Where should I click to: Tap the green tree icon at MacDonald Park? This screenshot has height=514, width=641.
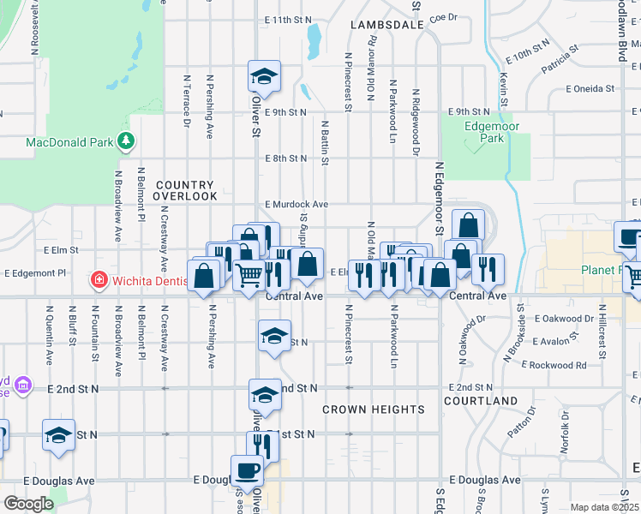coord(126,140)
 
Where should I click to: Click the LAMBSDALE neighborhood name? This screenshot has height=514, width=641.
coord(387,26)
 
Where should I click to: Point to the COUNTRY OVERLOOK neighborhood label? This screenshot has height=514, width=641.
coord(185,190)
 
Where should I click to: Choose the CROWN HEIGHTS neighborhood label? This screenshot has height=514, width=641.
coord(374,409)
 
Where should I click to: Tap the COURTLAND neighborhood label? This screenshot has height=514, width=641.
coord(481,401)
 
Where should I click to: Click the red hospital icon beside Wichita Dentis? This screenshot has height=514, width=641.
coord(99,280)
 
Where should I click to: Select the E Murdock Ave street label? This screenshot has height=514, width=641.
coord(297,205)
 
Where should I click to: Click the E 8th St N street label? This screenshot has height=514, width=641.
coord(285,158)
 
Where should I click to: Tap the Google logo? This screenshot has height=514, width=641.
coord(28,504)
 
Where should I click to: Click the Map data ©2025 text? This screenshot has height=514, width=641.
coord(603,507)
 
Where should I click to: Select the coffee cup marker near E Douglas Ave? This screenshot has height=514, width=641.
coord(248,470)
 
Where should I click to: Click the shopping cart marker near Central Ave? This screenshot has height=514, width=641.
coord(249,276)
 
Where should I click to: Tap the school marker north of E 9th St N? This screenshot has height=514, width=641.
coord(265,77)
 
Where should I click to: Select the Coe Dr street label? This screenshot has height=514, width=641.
coord(444,16)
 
